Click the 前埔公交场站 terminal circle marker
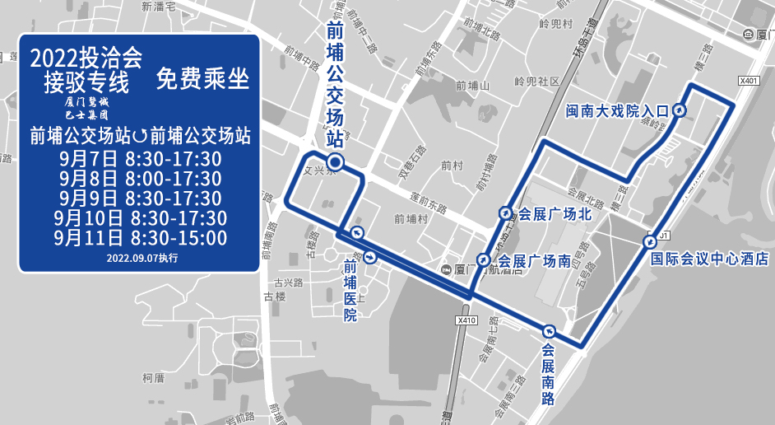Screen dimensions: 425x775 pos(336,161)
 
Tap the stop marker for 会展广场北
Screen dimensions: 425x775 pos(504,212)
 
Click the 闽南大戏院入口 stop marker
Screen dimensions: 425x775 pos(680,110)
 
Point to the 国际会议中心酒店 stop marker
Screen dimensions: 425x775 pos(650,241)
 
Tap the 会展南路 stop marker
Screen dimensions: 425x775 pos(548,331)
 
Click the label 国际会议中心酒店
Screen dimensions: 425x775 pos(708,259)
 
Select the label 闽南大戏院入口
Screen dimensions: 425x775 pos(618,110)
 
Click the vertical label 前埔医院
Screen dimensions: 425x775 pos(350,291)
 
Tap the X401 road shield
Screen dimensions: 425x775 pos(748,81)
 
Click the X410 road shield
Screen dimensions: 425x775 pos(466,320)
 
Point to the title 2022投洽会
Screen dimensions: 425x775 pos(86,59)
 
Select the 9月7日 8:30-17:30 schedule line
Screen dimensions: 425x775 pos(141,158)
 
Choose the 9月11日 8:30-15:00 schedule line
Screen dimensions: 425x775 pos(141,238)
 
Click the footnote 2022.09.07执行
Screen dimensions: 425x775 pos(142,258)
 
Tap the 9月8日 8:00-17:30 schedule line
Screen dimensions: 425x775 pos(141,179)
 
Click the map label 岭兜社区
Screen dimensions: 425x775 pos(536,82)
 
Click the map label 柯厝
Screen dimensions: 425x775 pos(154,378)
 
